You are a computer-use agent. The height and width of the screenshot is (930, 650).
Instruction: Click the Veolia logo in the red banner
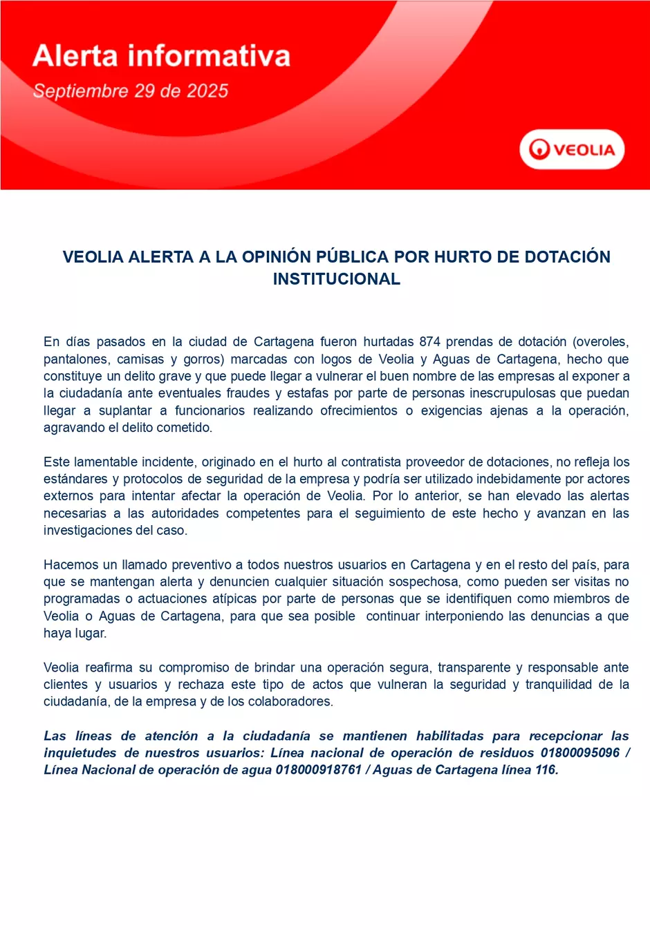[572, 149]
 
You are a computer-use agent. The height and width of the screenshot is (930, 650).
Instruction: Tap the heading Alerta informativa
[161, 56]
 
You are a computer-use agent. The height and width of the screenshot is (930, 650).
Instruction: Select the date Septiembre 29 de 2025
[131, 91]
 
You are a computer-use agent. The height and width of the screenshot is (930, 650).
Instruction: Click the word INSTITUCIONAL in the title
[336, 279]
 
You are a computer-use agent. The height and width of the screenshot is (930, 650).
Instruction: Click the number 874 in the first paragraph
[429, 342]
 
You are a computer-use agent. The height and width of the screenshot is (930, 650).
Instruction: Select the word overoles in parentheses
[601, 342]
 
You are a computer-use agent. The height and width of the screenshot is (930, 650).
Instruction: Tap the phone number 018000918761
[318, 770]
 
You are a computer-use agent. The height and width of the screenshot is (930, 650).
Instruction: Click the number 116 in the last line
[546, 770]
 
